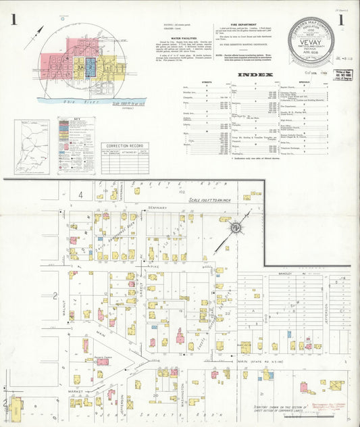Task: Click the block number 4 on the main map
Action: [80, 195]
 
